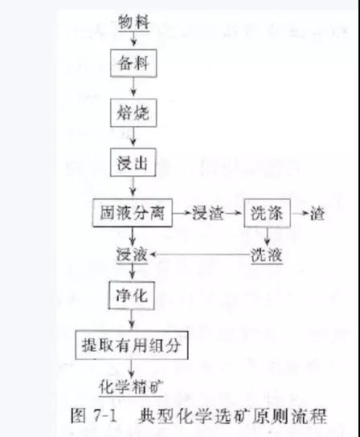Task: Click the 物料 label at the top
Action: coord(134,22)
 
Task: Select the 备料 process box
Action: coord(133,63)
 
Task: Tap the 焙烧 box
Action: coord(133,113)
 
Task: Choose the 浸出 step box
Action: coord(133,162)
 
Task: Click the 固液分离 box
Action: coord(133,213)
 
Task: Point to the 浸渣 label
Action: coord(208,214)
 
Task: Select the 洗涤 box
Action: coord(267,213)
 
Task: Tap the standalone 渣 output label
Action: coord(317,214)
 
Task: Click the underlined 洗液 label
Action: coord(267,255)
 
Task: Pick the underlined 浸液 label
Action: coord(132,255)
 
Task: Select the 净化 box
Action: coord(131,295)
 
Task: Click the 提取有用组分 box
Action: coord(132,345)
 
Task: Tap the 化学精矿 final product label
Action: coord(131,387)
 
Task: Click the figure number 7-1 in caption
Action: coord(104,416)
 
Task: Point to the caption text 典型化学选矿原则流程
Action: coord(232,416)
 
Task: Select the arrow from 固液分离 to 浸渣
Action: coord(182,213)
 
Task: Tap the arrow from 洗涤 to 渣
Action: coord(301,214)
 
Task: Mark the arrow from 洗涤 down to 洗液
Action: coord(267,237)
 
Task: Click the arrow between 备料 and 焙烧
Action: coord(133,87)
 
